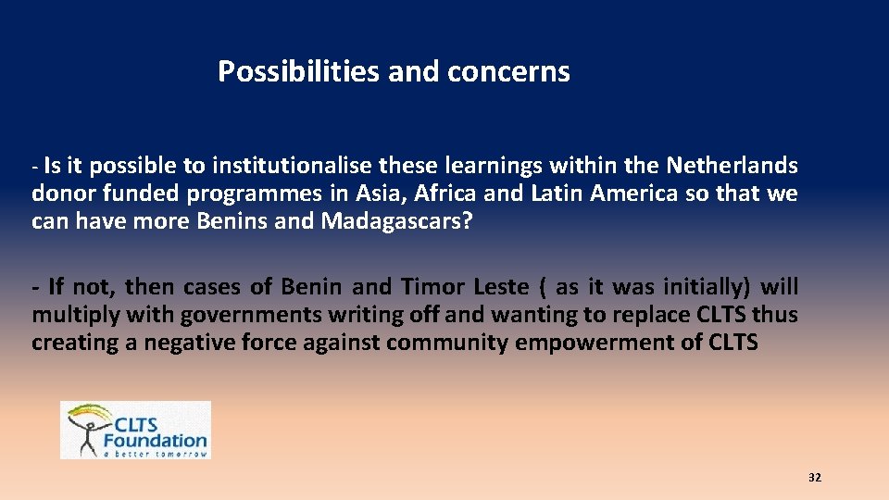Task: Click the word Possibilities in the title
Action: click(299, 71)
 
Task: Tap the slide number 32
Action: click(815, 478)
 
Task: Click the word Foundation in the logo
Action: click(156, 441)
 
